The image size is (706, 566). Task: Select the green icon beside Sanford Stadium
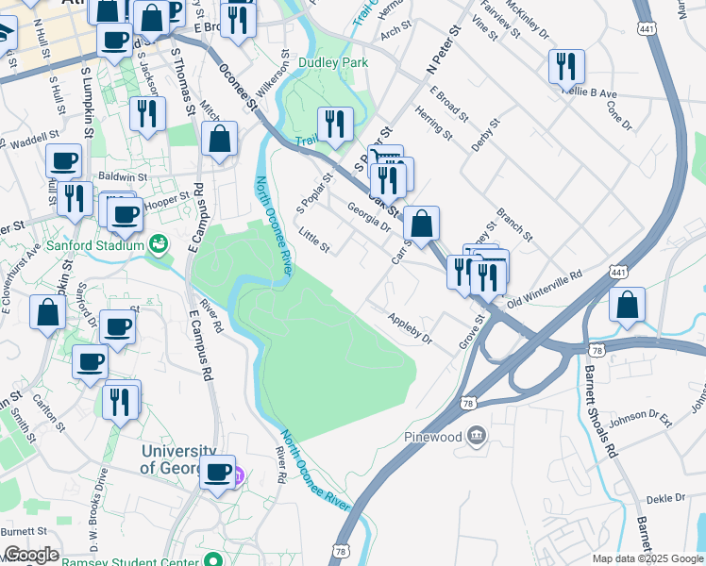160,245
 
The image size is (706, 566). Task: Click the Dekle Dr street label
665,498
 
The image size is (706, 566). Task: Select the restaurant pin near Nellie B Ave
566,66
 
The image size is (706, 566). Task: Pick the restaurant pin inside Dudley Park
335,124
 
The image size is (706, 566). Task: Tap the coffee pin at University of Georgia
217,471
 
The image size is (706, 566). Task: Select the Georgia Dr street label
368,220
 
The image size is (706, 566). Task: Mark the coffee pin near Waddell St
63,161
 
